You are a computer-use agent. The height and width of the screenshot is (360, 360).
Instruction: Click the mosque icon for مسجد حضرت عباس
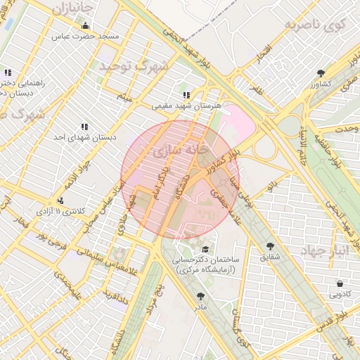coord(86,26)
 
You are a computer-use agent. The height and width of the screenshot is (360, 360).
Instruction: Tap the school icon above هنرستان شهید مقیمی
coord(186,95)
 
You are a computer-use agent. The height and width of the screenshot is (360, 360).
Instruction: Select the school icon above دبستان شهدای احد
coord(84,127)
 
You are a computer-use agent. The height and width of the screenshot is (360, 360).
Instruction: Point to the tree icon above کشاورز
coord(321,72)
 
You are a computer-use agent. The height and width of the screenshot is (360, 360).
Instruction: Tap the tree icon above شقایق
coord(270,246)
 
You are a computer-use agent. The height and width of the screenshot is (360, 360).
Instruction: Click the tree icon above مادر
coord(202,297)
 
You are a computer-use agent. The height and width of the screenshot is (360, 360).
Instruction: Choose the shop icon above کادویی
coord(340,283)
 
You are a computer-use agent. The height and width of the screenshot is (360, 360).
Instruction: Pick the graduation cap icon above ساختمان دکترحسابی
coord(205,250)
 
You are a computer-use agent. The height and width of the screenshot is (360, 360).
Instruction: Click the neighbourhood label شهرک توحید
coord(134,67)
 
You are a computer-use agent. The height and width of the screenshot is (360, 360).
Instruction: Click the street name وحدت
coord(347,129)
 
